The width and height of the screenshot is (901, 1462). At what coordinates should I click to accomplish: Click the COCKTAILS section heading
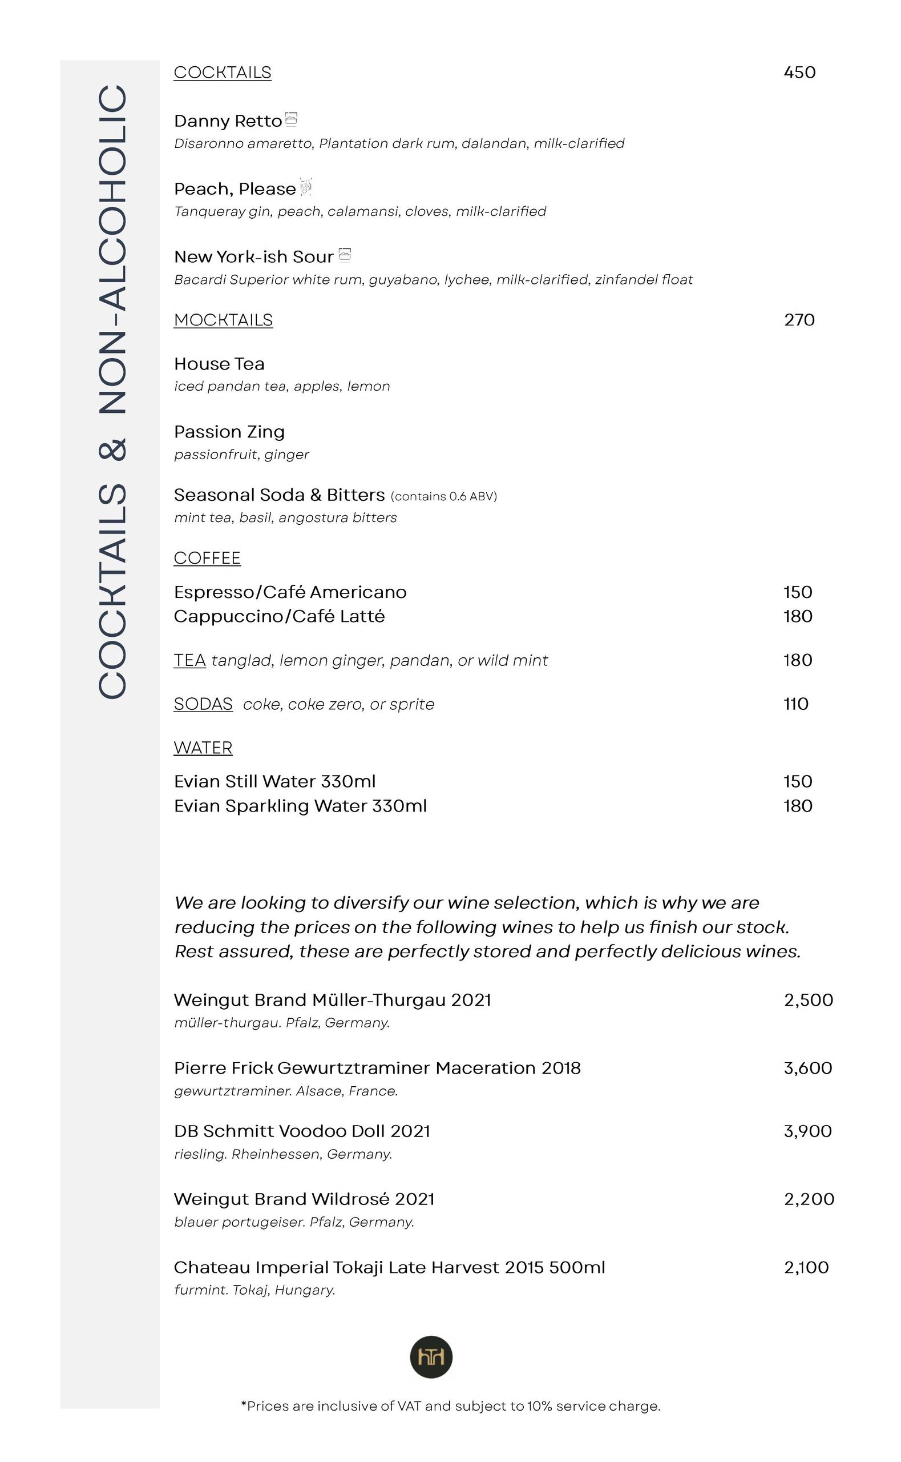[x=223, y=73]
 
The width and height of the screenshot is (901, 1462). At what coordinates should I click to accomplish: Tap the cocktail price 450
[x=799, y=73]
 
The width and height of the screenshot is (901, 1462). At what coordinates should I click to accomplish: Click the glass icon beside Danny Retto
[x=291, y=119]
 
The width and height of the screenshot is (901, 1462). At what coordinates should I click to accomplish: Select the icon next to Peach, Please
[x=306, y=187]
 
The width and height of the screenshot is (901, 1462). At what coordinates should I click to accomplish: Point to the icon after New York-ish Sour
[x=345, y=255]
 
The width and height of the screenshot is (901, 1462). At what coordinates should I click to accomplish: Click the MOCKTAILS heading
[x=224, y=320]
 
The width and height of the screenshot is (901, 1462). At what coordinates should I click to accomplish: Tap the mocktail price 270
[x=799, y=320]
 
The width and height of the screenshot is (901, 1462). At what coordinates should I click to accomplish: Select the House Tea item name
[x=219, y=364]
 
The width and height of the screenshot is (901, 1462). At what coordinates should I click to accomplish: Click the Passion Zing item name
[x=229, y=432]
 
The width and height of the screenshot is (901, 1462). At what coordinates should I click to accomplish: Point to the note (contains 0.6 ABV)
[x=444, y=496]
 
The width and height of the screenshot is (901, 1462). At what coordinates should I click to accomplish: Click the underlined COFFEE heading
[x=207, y=558]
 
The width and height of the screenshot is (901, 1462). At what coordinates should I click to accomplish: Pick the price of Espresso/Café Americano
[x=798, y=592]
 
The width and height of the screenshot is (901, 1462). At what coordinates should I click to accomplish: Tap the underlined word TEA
[x=189, y=660]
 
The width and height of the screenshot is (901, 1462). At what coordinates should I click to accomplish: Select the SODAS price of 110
[x=795, y=704]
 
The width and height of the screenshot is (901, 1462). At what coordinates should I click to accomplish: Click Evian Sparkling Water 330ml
[x=300, y=806]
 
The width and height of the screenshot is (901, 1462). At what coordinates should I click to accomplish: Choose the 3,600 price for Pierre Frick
[x=808, y=1068]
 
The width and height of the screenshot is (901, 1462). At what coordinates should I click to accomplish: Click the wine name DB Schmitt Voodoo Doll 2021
[x=302, y=1131]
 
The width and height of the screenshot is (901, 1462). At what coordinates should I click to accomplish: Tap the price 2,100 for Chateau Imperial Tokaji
[x=806, y=1267]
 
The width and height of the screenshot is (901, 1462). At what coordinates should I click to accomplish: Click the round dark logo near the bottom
[x=431, y=1357]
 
